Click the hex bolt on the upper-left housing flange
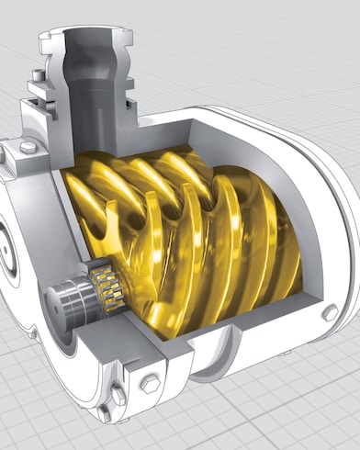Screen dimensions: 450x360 [27, 148]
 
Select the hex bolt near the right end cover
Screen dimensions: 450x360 [329, 313]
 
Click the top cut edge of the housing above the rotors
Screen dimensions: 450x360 [184, 129]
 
